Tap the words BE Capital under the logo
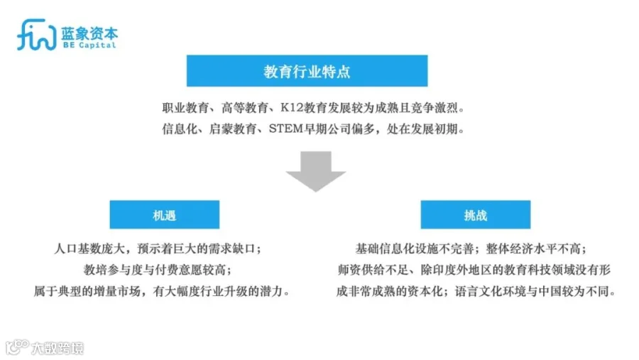pos(89,45)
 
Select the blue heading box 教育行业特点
pos(307,72)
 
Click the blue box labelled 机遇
pos(164,214)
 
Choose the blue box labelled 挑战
pos(475,214)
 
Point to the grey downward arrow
pos(315,170)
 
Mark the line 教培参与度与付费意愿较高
pos(157,270)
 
